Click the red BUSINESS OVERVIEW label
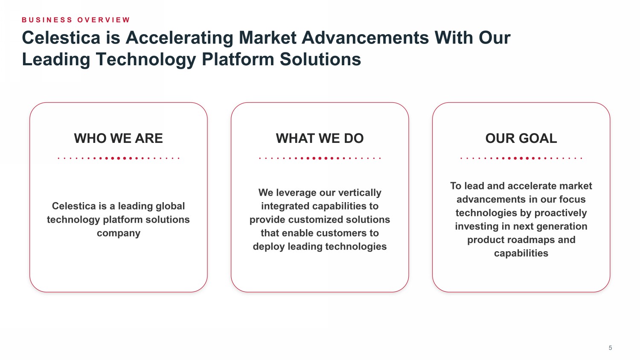76,20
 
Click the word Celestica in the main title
61,38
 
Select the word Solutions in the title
320,59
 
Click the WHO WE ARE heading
118,138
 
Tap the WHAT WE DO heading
320,138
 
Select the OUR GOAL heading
521,138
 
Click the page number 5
610,348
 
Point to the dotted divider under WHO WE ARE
119,158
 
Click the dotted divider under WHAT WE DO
320,158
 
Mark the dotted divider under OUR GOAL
521,158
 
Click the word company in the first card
119,233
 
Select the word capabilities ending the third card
521,253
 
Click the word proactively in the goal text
561,213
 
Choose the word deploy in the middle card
269,247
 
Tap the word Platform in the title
238,59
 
